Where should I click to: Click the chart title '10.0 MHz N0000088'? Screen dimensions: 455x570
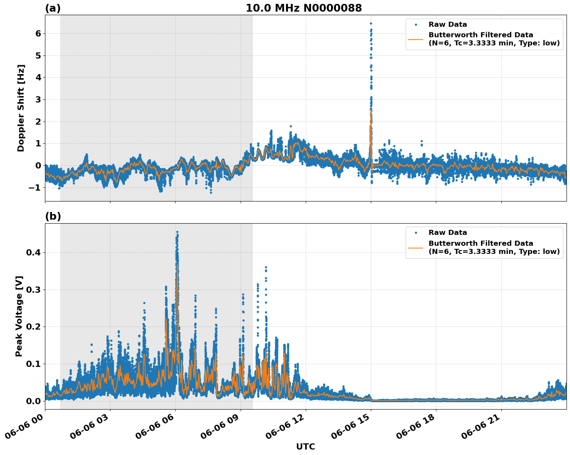pyautogui.click(x=303, y=8)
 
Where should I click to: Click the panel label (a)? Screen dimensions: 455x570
pyautogui.click(x=53, y=8)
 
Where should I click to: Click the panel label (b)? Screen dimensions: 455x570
pyautogui.click(x=53, y=217)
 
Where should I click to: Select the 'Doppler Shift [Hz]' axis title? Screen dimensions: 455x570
pyautogui.click(x=21, y=108)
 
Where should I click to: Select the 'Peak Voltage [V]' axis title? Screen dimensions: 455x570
pyautogui.click(x=19, y=316)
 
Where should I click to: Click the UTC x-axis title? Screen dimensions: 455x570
pyautogui.click(x=305, y=447)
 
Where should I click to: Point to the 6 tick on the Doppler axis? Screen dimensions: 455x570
pyautogui.click(x=38, y=34)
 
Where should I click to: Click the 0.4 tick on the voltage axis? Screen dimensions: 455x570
pyautogui.click(x=34, y=253)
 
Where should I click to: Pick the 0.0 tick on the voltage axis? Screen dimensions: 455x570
pyautogui.click(x=34, y=401)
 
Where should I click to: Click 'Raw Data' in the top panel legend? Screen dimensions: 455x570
pyautogui.click(x=448, y=25)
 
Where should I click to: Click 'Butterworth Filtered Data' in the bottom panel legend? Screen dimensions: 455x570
pyautogui.click(x=480, y=243)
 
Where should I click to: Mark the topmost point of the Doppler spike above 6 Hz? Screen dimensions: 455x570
pyautogui.click(x=371, y=23)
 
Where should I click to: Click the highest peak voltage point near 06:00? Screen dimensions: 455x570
pyautogui.click(x=177, y=232)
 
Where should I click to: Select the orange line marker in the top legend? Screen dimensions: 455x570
pyautogui.click(x=416, y=39)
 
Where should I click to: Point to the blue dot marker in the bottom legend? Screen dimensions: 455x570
pyautogui.click(x=416, y=233)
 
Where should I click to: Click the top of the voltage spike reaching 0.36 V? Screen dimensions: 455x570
pyautogui.click(x=266, y=267)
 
